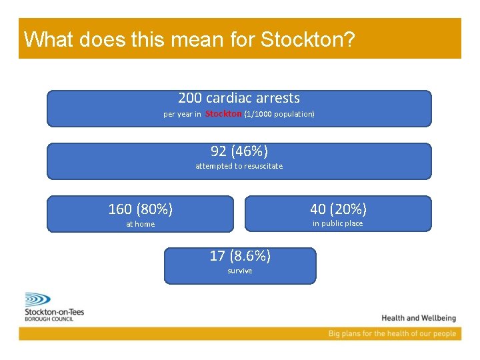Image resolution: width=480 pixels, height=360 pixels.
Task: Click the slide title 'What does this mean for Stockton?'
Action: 189,39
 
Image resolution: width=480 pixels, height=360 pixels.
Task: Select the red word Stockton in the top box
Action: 223,114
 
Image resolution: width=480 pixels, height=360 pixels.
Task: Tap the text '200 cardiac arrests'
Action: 239,98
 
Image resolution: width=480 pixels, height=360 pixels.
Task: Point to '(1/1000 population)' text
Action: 279,114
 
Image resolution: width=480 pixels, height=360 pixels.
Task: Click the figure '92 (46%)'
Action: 239,151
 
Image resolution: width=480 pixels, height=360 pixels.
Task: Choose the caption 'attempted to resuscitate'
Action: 239,166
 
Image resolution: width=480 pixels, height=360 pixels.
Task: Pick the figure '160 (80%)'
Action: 140,209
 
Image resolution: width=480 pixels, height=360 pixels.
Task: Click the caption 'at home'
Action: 140,224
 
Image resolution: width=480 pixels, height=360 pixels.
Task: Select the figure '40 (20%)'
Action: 338,209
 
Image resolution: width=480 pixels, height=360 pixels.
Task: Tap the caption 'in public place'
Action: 338,223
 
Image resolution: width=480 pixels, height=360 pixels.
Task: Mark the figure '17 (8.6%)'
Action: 240,255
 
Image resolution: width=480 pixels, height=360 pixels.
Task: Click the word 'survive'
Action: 240,271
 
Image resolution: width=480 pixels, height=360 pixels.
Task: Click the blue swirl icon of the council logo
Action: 39,299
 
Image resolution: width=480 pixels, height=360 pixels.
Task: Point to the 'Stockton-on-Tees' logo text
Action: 54,312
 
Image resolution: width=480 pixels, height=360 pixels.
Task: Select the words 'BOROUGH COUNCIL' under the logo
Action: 49,319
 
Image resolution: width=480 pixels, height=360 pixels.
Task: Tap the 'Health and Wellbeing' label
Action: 419,318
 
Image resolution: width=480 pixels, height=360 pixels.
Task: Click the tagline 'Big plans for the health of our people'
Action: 392,333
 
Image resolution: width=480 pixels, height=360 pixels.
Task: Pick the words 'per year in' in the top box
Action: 182,114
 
